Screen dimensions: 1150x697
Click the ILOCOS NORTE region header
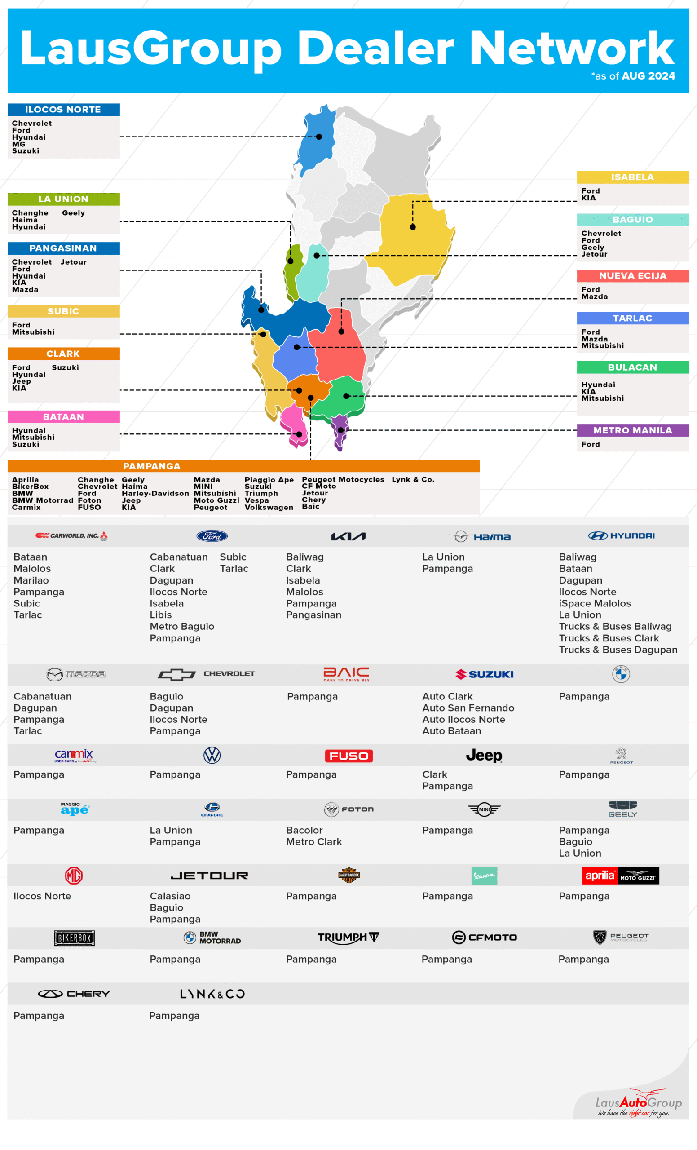(x=63, y=110)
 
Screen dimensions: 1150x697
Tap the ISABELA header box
(x=633, y=177)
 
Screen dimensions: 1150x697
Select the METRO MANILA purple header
(x=633, y=430)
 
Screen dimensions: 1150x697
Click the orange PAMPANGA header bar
(x=243, y=466)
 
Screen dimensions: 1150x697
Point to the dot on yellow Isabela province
(x=413, y=227)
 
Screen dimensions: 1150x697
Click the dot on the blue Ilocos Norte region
(x=319, y=137)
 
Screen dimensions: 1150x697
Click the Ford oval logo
(x=212, y=536)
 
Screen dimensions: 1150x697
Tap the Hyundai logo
(x=622, y=536)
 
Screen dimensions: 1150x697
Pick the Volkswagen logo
(x=212, y=755)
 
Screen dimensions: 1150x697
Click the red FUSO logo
(x=348, y=756)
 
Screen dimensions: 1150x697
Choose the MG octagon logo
(x=74, y=876)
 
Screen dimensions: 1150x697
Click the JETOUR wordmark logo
(x=209, y=876)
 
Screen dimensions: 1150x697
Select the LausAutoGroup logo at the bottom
(x=638, y=1104)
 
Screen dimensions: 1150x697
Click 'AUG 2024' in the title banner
(x=648, y=76)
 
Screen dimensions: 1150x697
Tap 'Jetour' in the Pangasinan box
(x=74, y=262)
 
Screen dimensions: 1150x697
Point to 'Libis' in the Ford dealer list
(x=161, y=615)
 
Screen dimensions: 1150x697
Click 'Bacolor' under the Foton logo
(x=304, y=830)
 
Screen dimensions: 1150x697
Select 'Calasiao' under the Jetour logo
(x=170, y=896)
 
